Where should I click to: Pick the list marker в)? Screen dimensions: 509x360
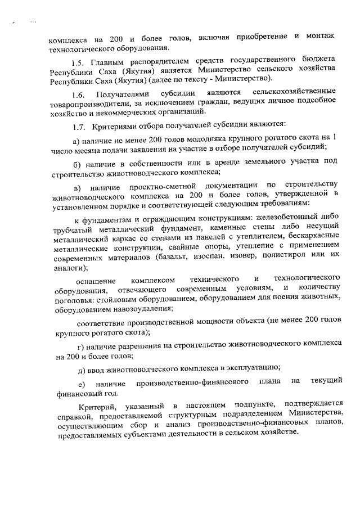[x=78, y=186]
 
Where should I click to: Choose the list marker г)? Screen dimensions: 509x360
[x=78, y=342]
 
